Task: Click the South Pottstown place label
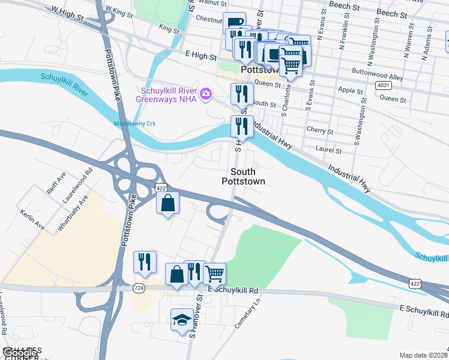pos(243,176)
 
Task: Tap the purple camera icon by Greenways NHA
pos(206,93)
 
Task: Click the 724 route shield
pos(138,289)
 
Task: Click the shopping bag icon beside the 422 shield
pos(168,203)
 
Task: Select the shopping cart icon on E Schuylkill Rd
pos(214,274)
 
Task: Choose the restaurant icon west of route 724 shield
pos(145,262)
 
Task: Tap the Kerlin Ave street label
pos(32,220)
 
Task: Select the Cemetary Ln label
pos(250,312)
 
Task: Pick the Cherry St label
pos(320,131)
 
